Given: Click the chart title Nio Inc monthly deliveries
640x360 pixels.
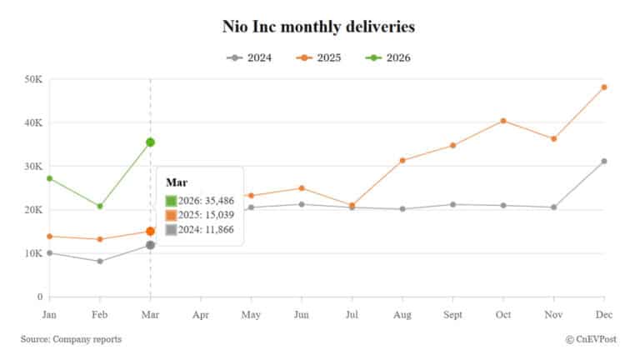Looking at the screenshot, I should pos(319,27).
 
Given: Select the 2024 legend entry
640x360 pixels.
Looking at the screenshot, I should pos(248,57).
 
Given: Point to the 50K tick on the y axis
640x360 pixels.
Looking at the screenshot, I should pos(33,79).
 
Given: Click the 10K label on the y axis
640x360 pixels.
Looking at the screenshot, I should pos(33,253).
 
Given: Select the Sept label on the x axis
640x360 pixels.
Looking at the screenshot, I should pos(452,315).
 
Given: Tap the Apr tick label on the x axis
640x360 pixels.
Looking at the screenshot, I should pos(201,315).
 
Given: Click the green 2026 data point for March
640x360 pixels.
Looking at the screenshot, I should pos(150,142).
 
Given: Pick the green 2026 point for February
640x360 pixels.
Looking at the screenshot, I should pos(100,206).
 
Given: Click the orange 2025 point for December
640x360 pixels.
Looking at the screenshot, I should pos(604,87).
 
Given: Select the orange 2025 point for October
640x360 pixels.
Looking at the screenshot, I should pos(503,121).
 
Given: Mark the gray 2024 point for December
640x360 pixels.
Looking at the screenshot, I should pos(604,161).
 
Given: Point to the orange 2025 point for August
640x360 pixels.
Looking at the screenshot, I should pos(402,160).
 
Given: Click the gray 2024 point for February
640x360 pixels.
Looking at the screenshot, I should pos(100,261).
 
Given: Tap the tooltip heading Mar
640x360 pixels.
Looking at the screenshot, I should pos(175,182).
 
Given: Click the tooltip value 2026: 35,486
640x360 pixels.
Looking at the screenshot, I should pos(202,200).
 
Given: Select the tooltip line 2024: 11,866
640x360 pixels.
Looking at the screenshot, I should pos(202,230).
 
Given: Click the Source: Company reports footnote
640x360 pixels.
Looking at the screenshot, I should pos(71,339).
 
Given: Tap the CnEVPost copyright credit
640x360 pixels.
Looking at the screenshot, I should pos(594,339).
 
